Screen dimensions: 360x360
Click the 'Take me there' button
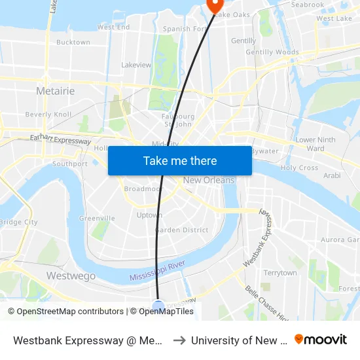pyautogui.click(x=179, y=161)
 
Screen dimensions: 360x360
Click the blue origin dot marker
pyautogui.click(x=158, y=306)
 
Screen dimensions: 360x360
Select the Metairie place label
pyautogui.click(x=56, y=91)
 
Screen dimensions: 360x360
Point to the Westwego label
pyautogui.click(x=71, y=276)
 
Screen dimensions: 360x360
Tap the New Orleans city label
pyautogui.click(x=209, y=180)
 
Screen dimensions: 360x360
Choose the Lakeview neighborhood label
pyautogui.click(x=136, y=65)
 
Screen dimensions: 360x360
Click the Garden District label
pyautogui.click(x=182, y=230)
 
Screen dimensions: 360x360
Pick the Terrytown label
pyautogui.click(x=279, y=273)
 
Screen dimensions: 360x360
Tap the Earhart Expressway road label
pyautogui.click(x=61, y=140)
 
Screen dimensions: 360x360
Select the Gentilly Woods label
pyautogui.click(x=272, y=52)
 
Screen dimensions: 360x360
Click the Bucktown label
pyautogui.click(x=73, y=43)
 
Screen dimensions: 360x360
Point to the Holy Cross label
pyautogui.click(x=299, y=168)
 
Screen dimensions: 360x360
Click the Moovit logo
pyautogui.click(x=321, y=340)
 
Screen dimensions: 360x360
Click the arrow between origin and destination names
pyautogui.click(x=179, y=340)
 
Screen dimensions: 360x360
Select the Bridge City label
pyautogui.click(x=18, y=222)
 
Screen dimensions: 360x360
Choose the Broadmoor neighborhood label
pyautogui.click(x=144, y=189)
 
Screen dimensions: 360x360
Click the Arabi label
pyautogui.click(x=332, y=175)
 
